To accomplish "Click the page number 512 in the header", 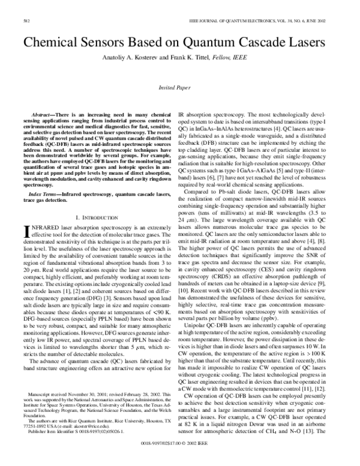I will click(26, 20).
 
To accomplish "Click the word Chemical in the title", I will click(60, 43).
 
